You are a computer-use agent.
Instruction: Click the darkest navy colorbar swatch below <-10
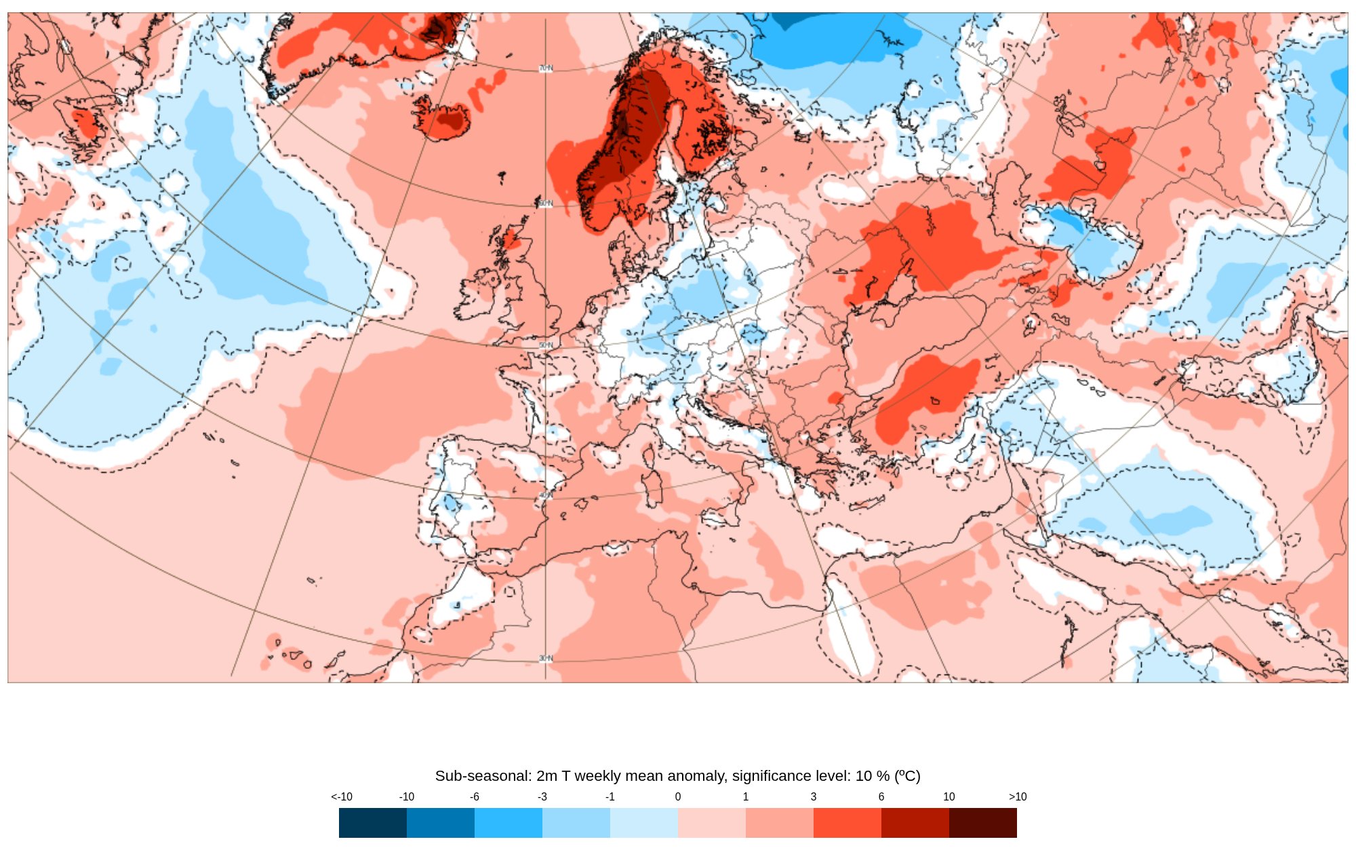click(x=373, y=823)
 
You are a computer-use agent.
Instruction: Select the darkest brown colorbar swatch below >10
click(x=983, y=823)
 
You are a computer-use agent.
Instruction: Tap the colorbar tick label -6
click(x=475, y=797)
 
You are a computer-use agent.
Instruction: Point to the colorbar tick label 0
click(x=678, y=797)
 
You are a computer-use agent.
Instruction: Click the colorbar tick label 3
click(x=814, y=797)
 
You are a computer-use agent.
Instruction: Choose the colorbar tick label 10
click(x=949, y=797)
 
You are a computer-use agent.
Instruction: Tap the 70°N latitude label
click(x=546, y=69)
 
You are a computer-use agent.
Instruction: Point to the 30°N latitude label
click(x=546, y=659)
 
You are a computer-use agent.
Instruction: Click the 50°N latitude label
click(x=546, y=345)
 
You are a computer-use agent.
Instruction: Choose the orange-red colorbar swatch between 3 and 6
click(x=848, y=823)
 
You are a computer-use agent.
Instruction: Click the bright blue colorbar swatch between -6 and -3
click(x=509, y=823)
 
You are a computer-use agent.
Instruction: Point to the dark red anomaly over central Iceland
click(x=449, y=119)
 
